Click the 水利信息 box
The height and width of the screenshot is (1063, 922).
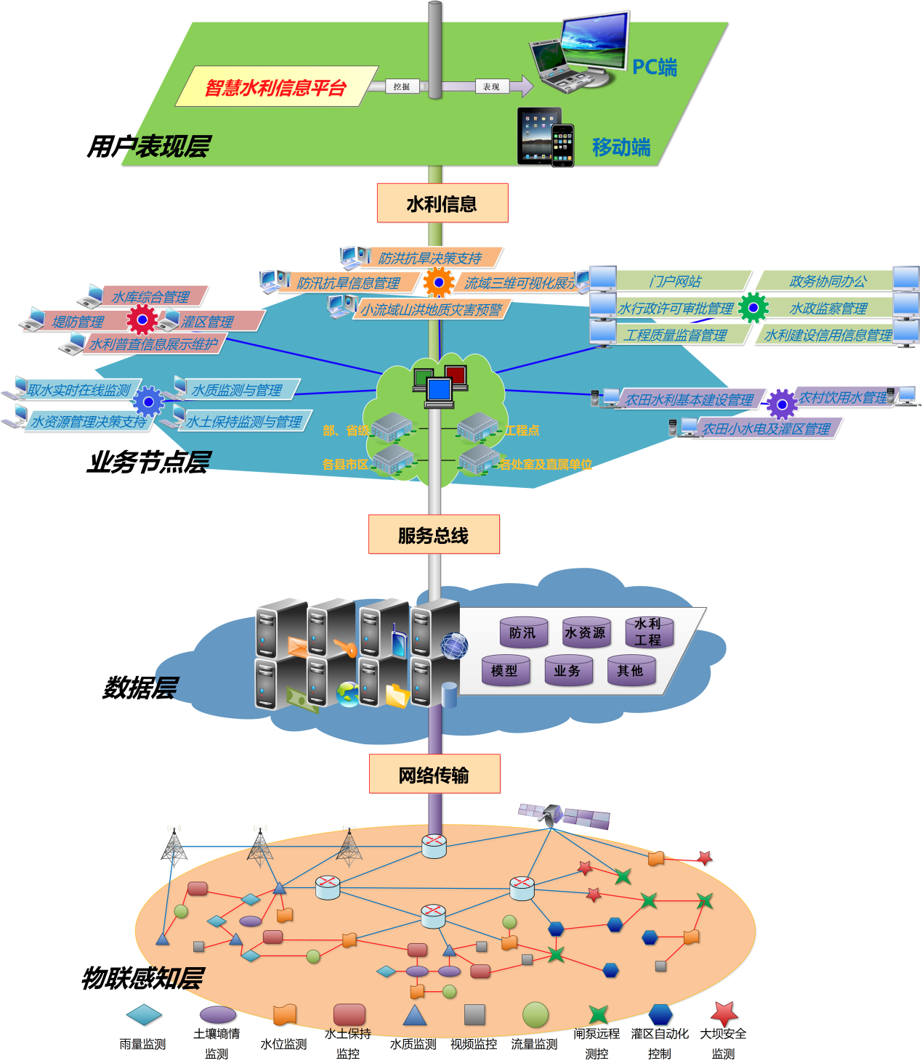coord(442,204)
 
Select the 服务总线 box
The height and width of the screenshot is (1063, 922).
coord(434,535)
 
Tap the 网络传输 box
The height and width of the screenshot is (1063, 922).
coord(434,775)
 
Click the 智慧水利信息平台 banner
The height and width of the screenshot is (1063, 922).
coord(275,87)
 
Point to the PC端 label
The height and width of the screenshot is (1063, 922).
coord(654,68)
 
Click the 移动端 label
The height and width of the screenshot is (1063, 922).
coord(621,147)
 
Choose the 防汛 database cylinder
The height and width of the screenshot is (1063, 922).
coord(523,632)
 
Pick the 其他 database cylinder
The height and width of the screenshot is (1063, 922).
coord(631,670)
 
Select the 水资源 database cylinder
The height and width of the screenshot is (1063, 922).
coord(586,632)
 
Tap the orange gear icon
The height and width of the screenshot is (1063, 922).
coord(438,282)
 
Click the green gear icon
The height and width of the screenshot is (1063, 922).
coord(753,308)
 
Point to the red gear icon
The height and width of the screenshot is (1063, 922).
coord(142,319)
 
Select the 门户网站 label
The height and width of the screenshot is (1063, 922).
coord(676,281)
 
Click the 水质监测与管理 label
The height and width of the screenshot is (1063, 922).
coord(237,390)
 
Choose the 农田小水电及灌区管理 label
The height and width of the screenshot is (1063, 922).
coord(767,428)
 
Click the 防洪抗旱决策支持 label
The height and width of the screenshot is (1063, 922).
coord(429,258)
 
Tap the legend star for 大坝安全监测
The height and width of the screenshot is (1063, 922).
coord(724,1014)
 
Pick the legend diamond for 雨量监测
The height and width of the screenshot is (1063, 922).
coord(144,1014)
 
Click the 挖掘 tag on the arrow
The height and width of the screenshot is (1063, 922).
coord(402,86)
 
